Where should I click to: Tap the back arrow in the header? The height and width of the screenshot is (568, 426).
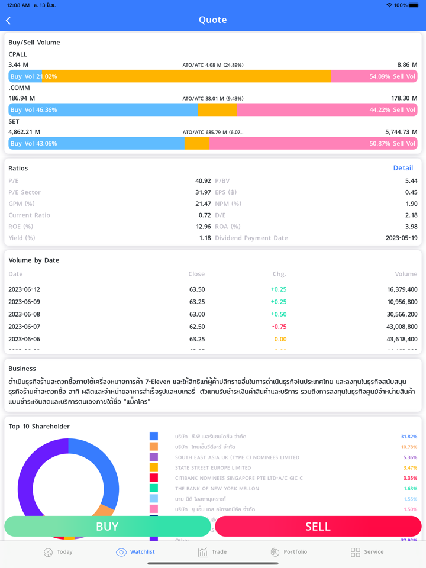point(8,21)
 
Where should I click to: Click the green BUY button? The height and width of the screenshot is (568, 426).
point(107,526)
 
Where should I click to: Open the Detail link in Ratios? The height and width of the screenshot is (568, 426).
point(403,168)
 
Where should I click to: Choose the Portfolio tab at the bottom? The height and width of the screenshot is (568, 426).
point(289,552)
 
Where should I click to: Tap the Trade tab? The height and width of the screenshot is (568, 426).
point(212,552)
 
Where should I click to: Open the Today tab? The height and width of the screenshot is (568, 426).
point(58,552)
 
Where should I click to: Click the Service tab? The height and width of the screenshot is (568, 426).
point(367,552)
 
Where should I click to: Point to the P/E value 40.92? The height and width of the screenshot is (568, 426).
point(203,181)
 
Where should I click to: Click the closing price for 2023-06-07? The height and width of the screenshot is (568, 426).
point(197,327)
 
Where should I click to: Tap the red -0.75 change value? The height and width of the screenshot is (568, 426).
point(279,327)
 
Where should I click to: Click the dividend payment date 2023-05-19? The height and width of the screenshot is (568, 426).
point(401,238)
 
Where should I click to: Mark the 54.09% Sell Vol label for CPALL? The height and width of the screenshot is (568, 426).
point(392,76)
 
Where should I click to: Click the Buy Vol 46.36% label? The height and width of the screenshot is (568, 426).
point(34,110)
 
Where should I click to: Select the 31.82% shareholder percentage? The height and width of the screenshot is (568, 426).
point(408,437)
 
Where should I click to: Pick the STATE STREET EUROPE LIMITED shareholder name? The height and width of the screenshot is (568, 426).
point(213,468)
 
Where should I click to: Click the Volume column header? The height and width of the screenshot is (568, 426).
point(406,274)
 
